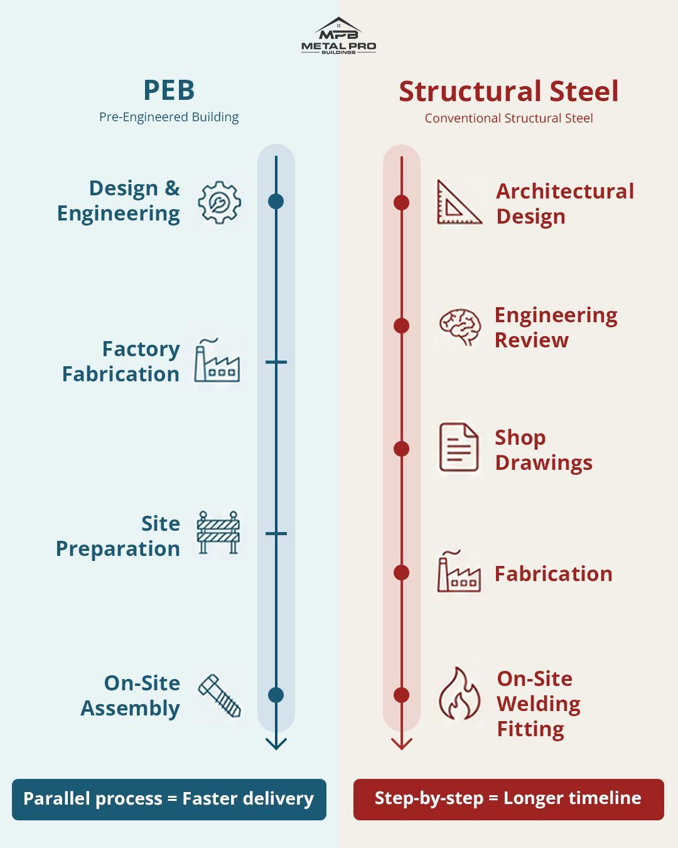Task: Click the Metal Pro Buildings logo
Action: coord(338,36)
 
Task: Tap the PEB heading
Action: coord(169,90)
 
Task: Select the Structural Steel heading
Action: coord(508,92)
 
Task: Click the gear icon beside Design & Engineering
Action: coord(219,202)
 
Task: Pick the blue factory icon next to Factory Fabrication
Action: coord(217,362)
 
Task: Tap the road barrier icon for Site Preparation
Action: coord(218,533)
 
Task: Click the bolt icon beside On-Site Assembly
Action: coord(220,695)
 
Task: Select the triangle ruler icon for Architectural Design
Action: coord(459,202)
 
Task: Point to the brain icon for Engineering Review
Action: coord(460,327)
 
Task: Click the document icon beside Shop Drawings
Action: coord(458,447)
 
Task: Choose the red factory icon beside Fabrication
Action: coord(459,572)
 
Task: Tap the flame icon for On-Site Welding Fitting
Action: coord(459,694)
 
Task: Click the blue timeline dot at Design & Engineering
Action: coord(276,201)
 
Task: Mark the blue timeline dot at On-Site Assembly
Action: coord(276,695)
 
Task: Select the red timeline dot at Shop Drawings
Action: coord(401,448)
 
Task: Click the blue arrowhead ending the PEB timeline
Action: coord(276,744)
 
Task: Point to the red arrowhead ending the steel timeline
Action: coord(401,744)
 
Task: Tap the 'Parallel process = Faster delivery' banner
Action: coord(169,799)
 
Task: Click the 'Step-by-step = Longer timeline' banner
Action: coord(508,799)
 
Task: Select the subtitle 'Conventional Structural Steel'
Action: coord(508,118)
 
